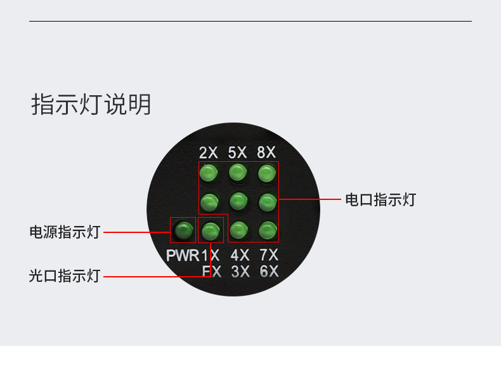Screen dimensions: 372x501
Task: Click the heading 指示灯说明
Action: click(x=91, y=105)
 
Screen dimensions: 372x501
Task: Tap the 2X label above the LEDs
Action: click(x=208, y=152)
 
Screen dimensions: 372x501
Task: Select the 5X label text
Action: click(x=237, y=152)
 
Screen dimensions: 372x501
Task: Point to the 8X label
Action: click(x=266, y=152)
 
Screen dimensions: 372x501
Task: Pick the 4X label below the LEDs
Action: click(x=240, y=256)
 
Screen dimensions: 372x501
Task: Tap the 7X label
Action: click(x=269, y=256)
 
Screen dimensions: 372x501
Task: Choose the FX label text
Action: click(x=211, y=272)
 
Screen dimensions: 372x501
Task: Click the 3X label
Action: click(x=240, y=272)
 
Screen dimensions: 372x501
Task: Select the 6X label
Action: click(x=269, y=272)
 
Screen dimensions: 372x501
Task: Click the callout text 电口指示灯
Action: click(x=380, y=199)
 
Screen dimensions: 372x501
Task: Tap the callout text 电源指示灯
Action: click(x=65, y=232)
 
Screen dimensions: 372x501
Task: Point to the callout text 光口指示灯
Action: click(x=65, y=276)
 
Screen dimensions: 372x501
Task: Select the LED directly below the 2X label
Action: click(x=209, y=173)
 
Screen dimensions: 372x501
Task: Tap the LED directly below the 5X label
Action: click(x=238, y=172)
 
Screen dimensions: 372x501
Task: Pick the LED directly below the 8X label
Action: click(x=267, y=173)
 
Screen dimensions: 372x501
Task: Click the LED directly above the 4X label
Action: click(x=238, y=229)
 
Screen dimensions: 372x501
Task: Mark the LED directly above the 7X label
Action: click(x=268, y=229)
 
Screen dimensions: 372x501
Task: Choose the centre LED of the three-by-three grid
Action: click(x=238, y=201)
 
